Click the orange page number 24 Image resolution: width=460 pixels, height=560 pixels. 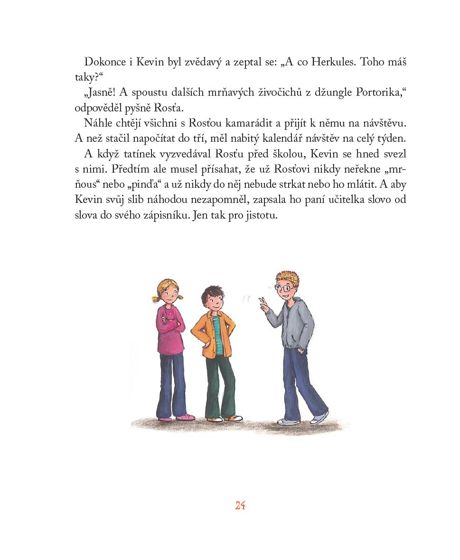point(240,505)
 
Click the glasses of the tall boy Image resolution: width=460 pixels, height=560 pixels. point(284,288)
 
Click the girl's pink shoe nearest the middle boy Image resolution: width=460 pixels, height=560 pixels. point(185,417)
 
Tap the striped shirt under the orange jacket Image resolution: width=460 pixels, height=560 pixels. point(217,332)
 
